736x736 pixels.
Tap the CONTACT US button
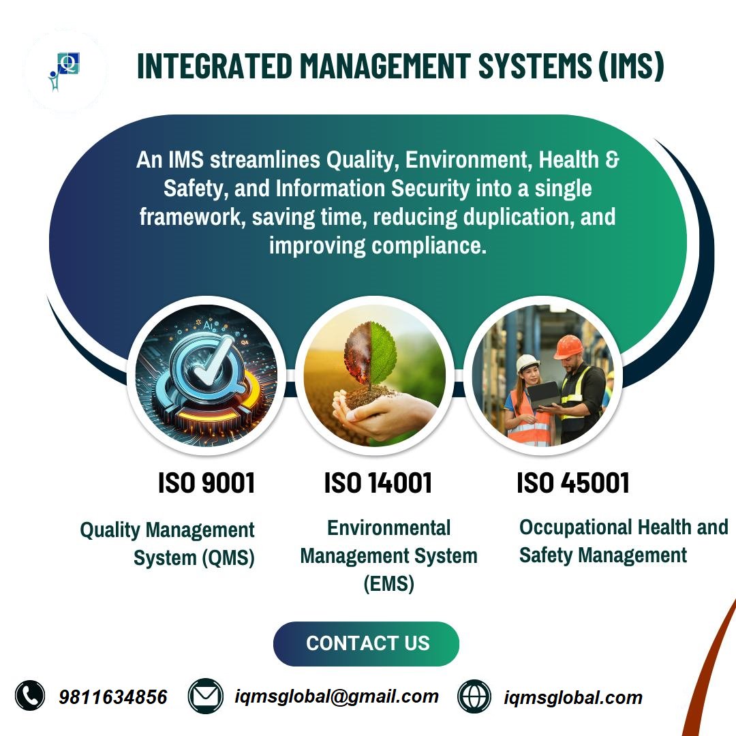(x=367, y=643)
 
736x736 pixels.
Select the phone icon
(x=30, y=696)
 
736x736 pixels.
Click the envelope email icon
(x=205, y=696)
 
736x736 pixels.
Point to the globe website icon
(x=474, y=696)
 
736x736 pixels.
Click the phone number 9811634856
(x=113, y=697)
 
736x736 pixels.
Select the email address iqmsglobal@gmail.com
(x=336, y=696)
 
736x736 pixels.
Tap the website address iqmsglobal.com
(x=573, y=697)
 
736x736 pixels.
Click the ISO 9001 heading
(x=206, y=483)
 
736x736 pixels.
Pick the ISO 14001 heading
(x=378, y=483)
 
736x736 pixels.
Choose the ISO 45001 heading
(x=573, y=483)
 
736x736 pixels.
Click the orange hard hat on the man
(x=568, y=346)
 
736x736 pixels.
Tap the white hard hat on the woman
(x=527, y=363)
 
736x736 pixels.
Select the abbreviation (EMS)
(x=388, y=584)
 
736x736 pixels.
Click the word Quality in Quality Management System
(x=110, y=530)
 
